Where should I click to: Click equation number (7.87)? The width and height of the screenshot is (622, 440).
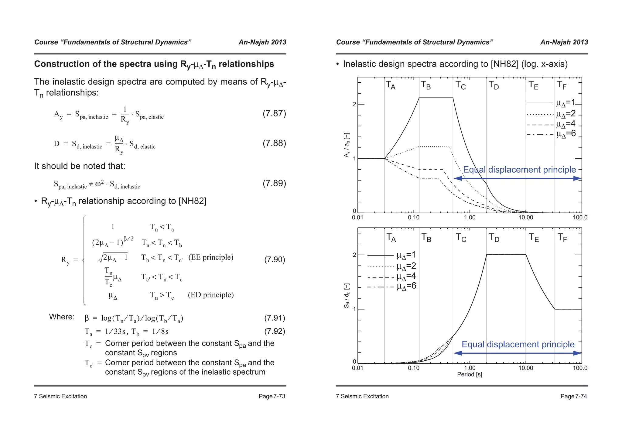click(274, 114)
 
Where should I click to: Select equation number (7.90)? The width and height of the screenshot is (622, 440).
click(274, 260)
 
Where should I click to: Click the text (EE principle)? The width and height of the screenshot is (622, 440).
click(211, 257)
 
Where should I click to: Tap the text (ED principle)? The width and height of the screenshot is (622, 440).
click(211, 295)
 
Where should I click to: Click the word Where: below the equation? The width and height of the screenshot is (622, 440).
click(62, 317)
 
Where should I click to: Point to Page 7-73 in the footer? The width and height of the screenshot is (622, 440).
click(272, 396)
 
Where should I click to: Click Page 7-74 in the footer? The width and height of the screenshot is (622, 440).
click(574, 396)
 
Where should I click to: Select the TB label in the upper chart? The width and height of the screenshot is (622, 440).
click(426, 85)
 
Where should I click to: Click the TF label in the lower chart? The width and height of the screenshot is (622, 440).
click(562, 237)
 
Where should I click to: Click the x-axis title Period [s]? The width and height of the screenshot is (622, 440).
click(470, 374)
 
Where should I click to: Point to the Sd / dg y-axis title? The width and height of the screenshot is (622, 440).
click(347, 296)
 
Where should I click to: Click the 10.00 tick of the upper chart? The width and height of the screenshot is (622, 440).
click(525, 218)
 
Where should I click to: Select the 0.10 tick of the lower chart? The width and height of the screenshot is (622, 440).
click(413, 368)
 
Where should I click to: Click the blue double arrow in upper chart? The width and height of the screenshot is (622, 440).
click(517, 178)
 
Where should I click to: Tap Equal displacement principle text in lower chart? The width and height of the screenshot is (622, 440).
click(518, 344)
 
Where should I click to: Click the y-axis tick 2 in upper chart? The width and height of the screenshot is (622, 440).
click(354, 105)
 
